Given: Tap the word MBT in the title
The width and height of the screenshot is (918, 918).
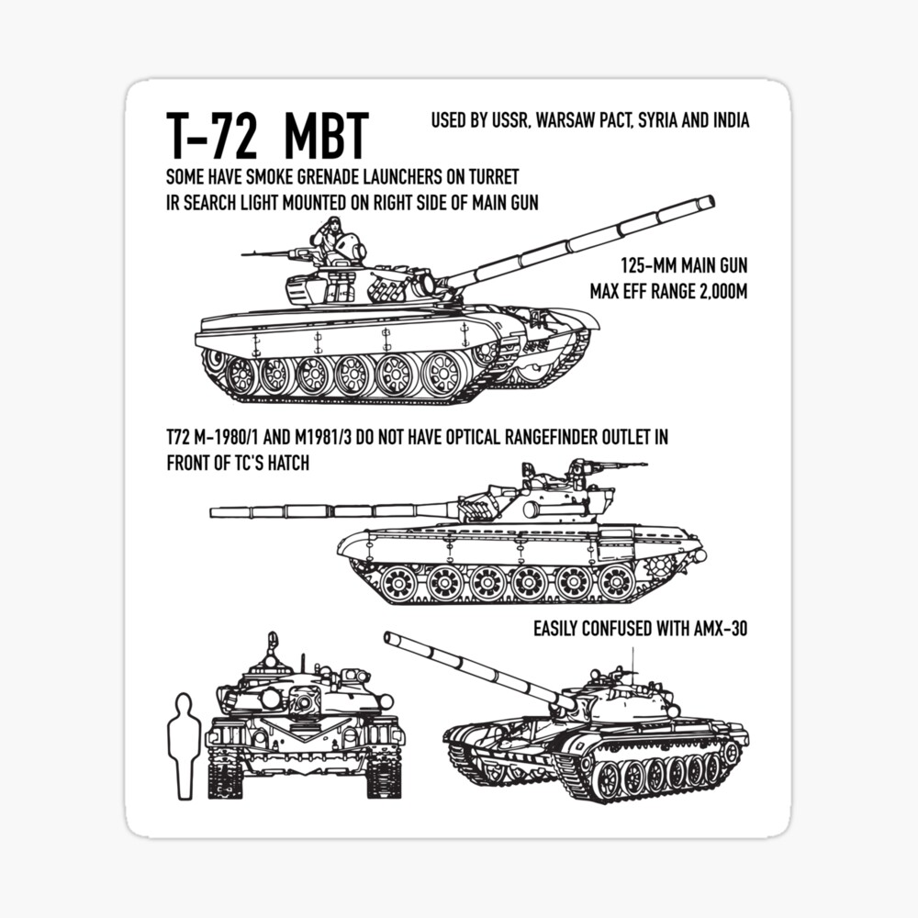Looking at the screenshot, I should pyautogui.click(x=326, y=135).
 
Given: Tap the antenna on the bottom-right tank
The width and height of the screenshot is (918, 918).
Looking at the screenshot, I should pyautogui.click(x=633, y=659).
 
